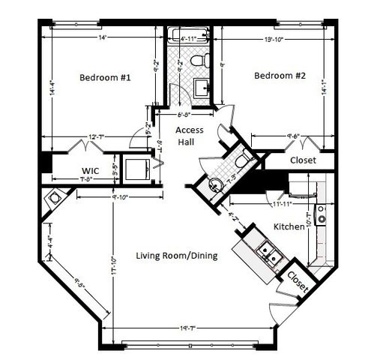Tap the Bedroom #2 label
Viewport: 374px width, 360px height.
pyautogui.click(x=280, y=75)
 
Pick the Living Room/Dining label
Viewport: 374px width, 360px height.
pyautogui.click(x=176, y=255)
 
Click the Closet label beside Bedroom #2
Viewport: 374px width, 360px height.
pyautogui.click(x=303, y=160)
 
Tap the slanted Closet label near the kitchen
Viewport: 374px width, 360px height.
pyautogui.click(x=297, y=281)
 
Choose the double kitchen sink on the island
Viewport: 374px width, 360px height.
pyautogui.click(x=267, y=254)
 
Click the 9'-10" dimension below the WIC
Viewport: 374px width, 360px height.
pyautogui.click(x=121, y=197)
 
